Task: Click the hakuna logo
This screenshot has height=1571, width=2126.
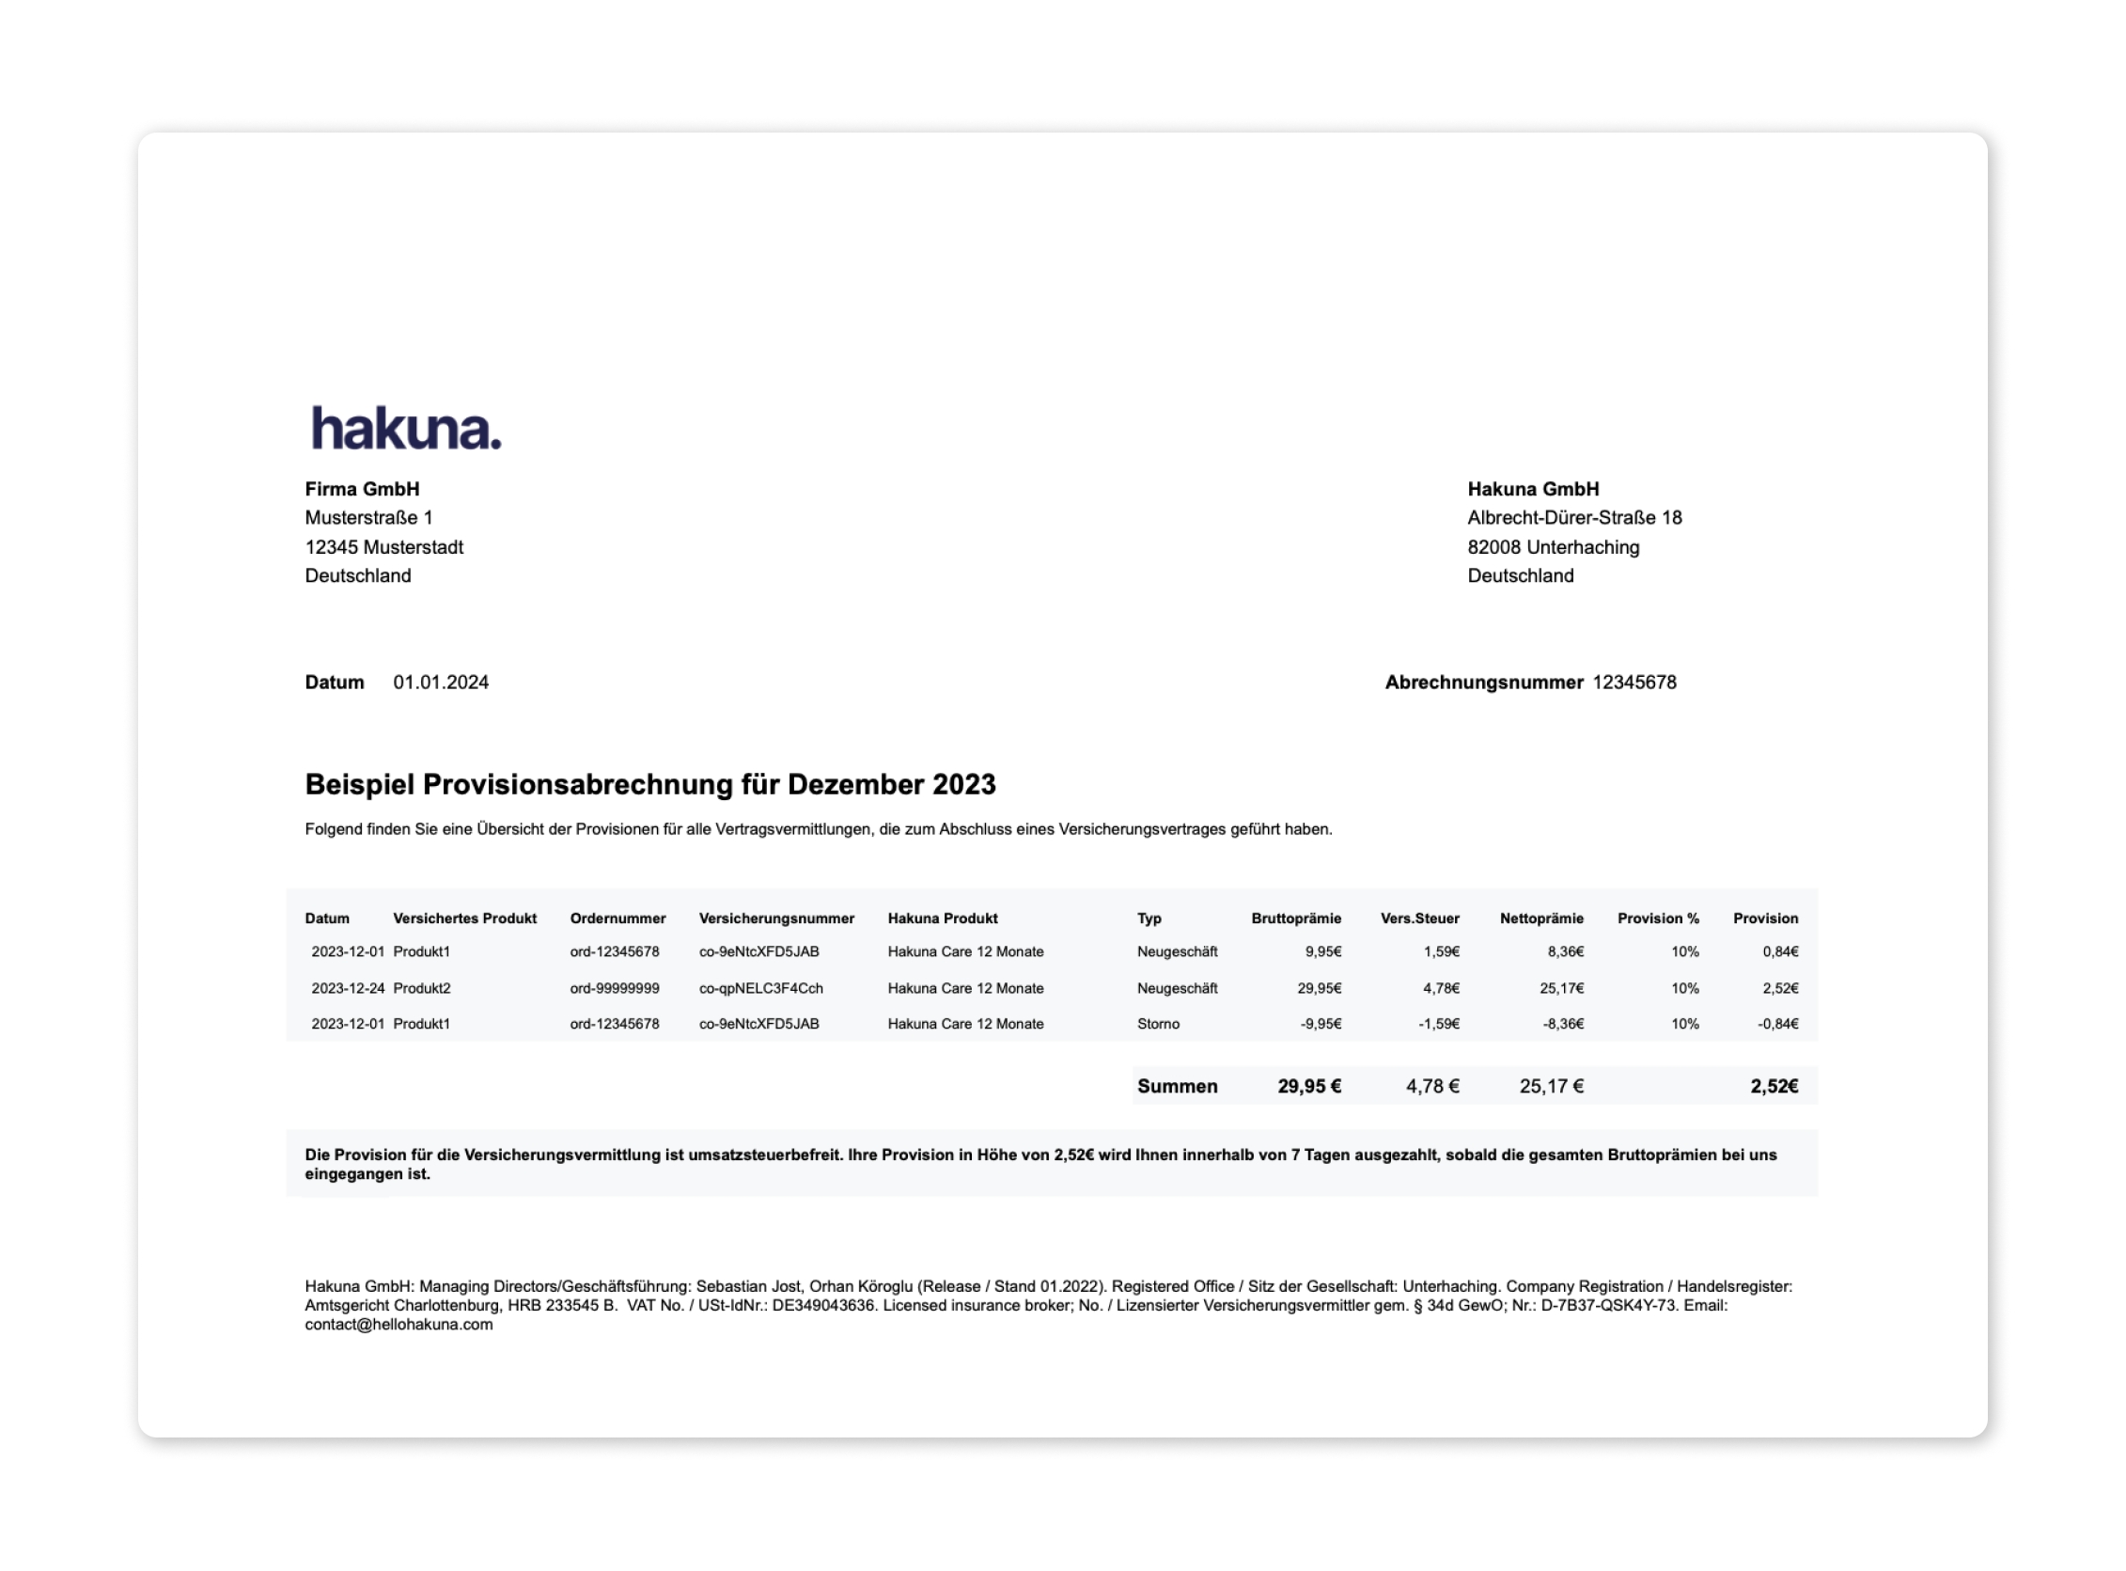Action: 406,429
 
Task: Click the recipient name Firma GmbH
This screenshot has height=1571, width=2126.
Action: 362,489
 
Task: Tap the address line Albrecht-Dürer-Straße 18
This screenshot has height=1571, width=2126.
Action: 1574,517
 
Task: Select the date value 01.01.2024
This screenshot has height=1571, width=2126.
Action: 441,682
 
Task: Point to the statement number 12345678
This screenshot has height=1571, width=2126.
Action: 1634,682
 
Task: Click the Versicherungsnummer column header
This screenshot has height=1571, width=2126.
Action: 776,918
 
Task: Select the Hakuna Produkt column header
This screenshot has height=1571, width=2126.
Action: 943,918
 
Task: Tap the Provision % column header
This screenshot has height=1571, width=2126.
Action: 1657,918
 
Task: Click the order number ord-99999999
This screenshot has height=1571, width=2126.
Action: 615,988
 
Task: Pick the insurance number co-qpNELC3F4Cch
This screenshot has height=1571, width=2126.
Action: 760,988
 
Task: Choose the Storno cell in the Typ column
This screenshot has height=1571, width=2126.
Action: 1158,1023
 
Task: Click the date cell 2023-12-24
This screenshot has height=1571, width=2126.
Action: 348,988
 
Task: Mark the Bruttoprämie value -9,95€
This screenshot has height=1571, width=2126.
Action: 1321,1023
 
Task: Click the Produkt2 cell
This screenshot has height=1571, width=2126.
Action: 422,988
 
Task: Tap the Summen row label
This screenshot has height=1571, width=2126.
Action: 1177,1086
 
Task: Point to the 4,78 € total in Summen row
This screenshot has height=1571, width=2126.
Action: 1432,1086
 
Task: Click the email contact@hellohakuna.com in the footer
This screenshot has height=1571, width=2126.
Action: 399,1324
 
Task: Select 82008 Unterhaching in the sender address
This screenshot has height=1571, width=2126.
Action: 1553,547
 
